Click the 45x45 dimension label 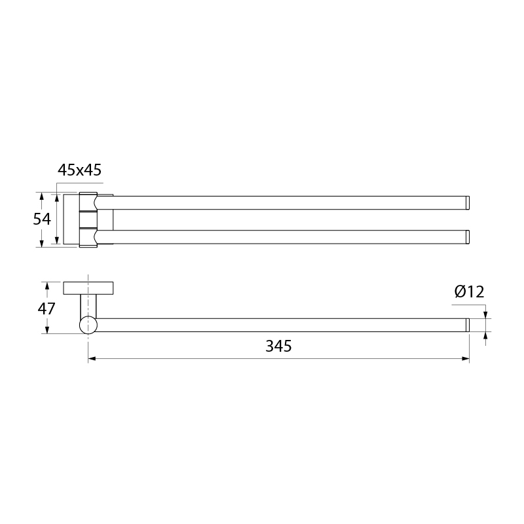coord(79,170)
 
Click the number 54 coord(42,219)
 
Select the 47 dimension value coord(46,309)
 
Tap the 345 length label coord(278,346)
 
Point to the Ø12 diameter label coord(469,291)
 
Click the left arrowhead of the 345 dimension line coord(92,358)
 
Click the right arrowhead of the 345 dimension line coord(465,358)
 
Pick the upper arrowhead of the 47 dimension coord(47,286)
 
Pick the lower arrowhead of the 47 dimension coord(47,329)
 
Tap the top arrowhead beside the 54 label coord(41,196)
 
